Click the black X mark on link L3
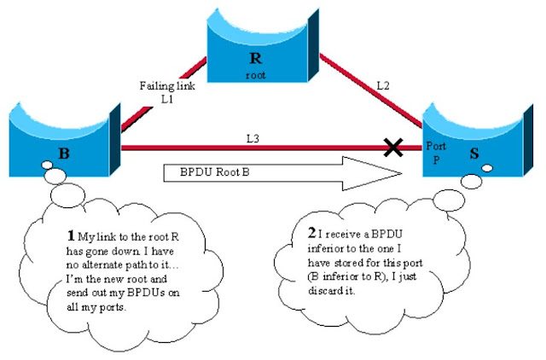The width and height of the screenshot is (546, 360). click(x=393, y=148)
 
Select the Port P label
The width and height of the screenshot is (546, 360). click(x=435, y=152)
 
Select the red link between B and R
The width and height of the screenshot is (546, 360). click(x=162, y=95)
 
